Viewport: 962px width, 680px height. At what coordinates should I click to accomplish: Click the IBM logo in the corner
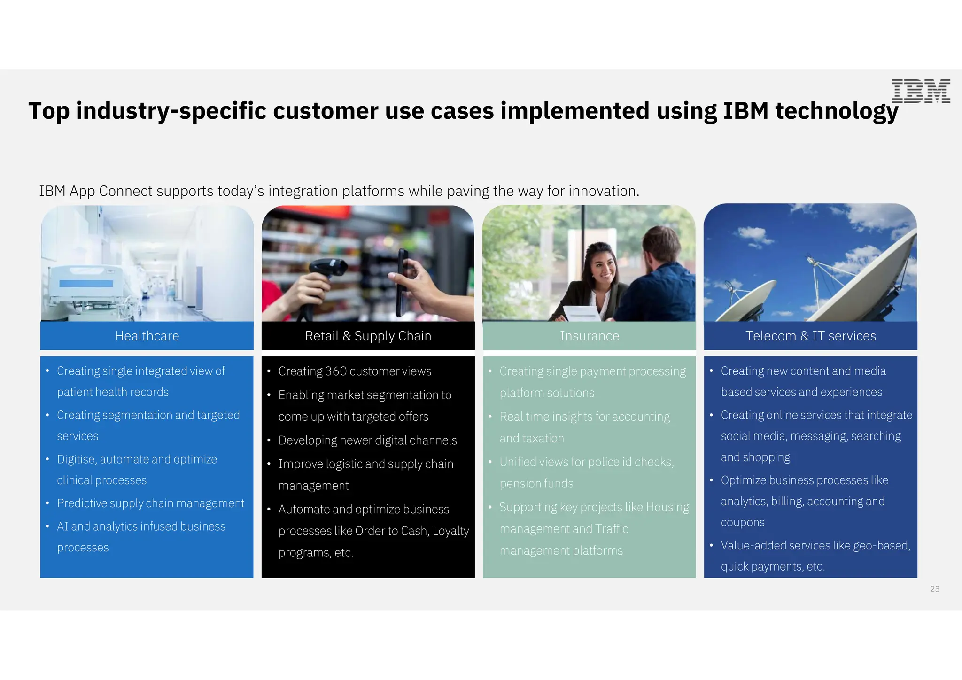(x=921, y=91)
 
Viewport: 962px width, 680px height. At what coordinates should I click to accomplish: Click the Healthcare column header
(x=147, y=336)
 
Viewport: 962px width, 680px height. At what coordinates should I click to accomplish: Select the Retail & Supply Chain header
(x=368, y=336)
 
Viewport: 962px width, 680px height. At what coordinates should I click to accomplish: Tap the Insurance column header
(x=589, y=336)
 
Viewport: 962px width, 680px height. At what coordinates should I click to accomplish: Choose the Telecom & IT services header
(x=810, y=336)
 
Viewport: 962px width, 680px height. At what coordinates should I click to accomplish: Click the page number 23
(x=934, y=589)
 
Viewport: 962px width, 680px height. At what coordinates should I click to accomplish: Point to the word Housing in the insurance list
(x=667, y=508)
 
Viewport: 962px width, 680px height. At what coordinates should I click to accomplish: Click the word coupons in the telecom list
(x=743, y=523)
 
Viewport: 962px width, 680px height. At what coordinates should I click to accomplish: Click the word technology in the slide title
(x=836, y=111)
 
